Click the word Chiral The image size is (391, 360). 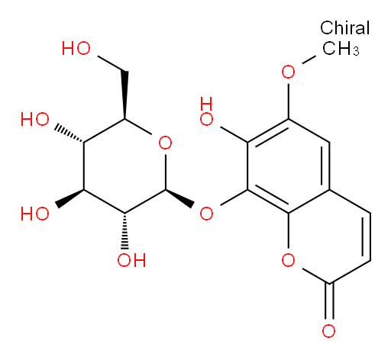[x=344, y=27]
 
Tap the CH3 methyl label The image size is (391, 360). [x=341, y=48]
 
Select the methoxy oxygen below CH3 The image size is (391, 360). [x=288, y=72]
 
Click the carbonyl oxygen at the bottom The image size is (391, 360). [x=328, y=331]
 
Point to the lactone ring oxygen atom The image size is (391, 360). [x=288, y=260]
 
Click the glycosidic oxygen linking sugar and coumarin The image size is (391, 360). [x=206, y=213]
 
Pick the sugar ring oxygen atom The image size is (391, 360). [x=165, y=143]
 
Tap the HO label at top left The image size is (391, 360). [x=76, y=48]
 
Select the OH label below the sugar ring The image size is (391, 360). [x=131, y=260]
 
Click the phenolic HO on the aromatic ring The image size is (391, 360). [x=206, y=111]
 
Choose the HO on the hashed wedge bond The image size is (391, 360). [x=35, y=119]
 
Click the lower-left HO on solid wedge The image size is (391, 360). [x=35, y=213]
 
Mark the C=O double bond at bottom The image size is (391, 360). [x=329, y=301]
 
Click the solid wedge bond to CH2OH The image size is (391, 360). [x=124, y=95]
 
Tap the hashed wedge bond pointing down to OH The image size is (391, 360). [x=124, y=231]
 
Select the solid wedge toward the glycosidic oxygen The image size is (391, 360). [x=180, y=198]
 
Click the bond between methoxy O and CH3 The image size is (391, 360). [x=309, y=59]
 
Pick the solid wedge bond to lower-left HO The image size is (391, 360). [x=69, y=198]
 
